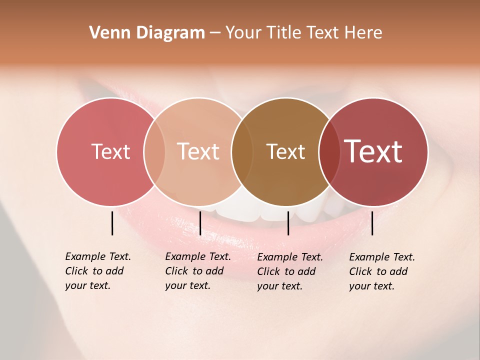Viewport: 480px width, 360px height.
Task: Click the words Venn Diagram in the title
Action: [147, 33]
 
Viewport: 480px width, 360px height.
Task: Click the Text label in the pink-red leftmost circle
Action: [110, 151]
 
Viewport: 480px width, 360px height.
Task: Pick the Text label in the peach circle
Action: [198, 151]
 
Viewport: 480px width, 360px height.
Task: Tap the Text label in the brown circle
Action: [285, 151]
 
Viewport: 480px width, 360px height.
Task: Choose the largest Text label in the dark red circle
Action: [373, 151]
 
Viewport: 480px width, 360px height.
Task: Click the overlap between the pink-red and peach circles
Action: [154, 151]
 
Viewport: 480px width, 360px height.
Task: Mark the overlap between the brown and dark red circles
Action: [328, 151]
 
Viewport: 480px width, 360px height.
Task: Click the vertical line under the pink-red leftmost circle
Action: [112, 223]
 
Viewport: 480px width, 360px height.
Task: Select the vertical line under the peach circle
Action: [200, 223]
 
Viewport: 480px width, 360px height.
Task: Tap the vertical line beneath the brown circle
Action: [288, 223]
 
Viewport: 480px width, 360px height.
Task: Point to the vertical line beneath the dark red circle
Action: [372, 223]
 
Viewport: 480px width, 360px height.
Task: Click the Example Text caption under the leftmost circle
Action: [97, 271]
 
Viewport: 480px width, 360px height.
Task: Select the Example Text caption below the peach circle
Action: [197, 271]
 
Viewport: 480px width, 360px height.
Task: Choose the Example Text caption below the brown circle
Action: [289, 271]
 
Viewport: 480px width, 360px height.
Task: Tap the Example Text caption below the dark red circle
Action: [381, 271]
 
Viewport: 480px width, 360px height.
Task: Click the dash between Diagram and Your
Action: [215, 33]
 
